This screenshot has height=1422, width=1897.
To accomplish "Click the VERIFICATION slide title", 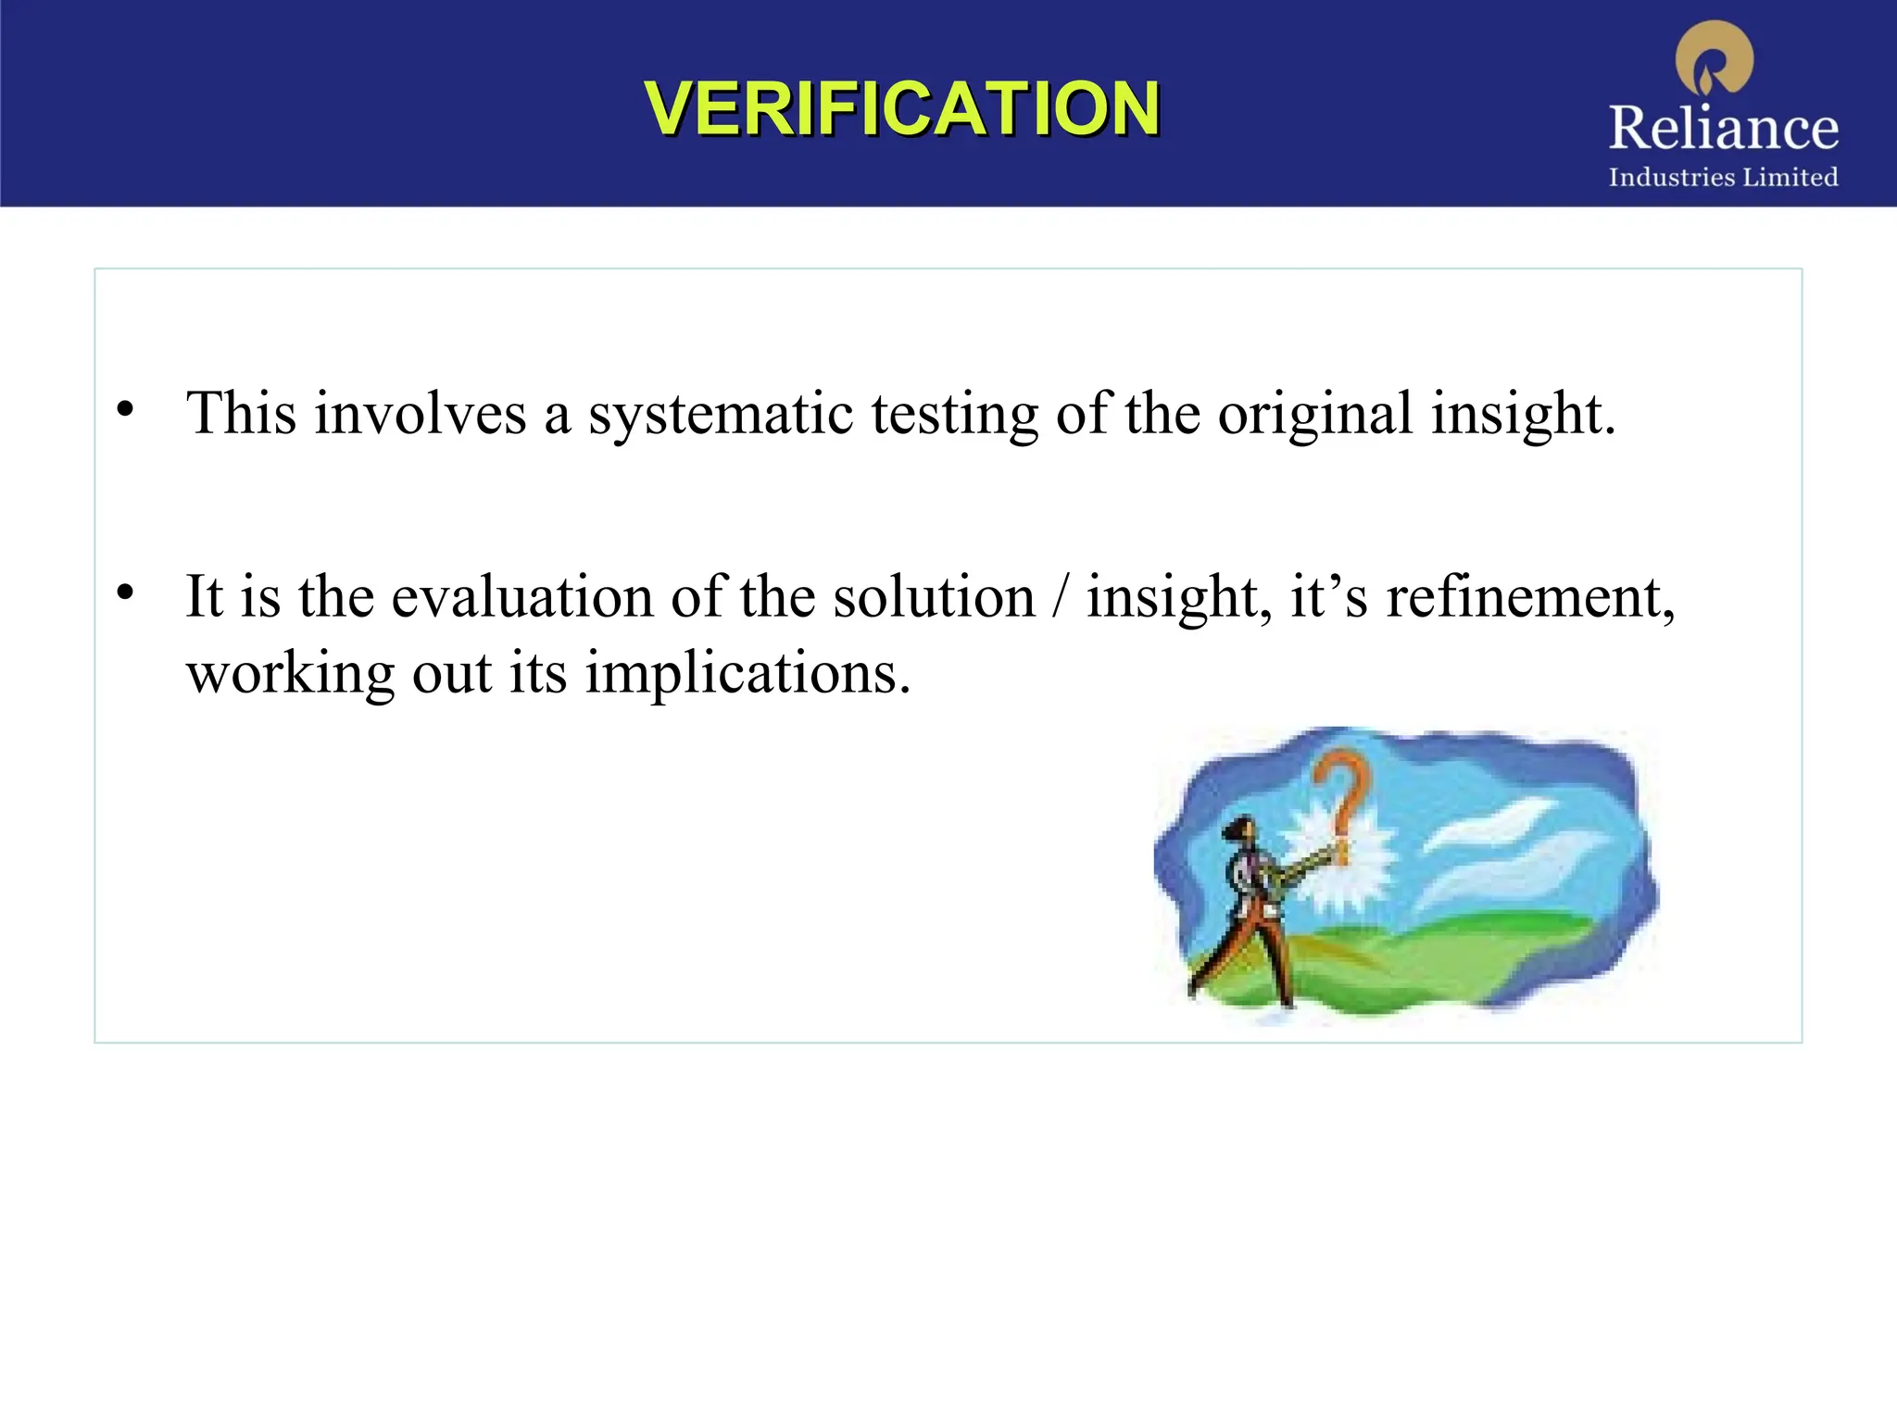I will click(901, 108).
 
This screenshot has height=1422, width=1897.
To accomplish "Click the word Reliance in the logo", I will click(1723, 128).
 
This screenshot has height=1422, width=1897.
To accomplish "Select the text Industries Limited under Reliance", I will click(1723, 177).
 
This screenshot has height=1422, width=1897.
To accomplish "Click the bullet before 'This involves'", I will click(126, 408).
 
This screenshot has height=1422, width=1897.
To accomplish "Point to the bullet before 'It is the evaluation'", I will click(126, 592).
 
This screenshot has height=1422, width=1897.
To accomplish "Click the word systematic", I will click(721, 414).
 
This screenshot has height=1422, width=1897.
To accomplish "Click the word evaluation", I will click(522, 597).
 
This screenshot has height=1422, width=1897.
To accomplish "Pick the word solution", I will click(934, 597).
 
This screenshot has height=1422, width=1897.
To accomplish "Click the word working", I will click(290, 674).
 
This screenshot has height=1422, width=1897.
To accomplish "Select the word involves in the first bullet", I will click(420, 414).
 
